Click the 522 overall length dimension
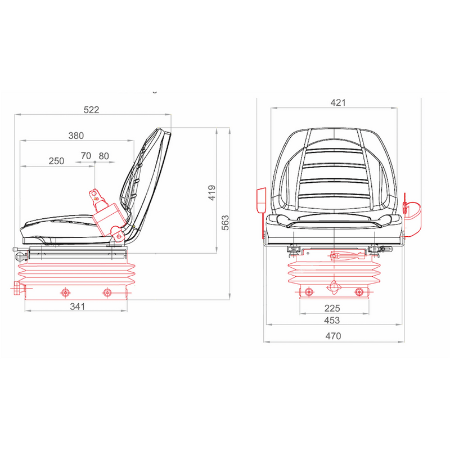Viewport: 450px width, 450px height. click(x=91, y=110)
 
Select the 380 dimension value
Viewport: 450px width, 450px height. click(x=76, y=136)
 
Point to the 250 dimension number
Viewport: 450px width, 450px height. click(x=56, y=161)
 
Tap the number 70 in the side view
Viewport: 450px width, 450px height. click(x=86, y=156)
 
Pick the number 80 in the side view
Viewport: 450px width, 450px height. click(x=103, y=156)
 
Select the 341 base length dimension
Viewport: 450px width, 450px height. click(x=76, y=307)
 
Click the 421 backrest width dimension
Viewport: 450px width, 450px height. click(x=338, y=102)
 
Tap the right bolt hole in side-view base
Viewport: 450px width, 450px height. click(x=107, y=292)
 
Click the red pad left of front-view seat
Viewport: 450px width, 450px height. click(x=261, y=201)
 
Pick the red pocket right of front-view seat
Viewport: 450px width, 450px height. click(x=412, y=216)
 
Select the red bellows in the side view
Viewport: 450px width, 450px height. click(x=76, y=273)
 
